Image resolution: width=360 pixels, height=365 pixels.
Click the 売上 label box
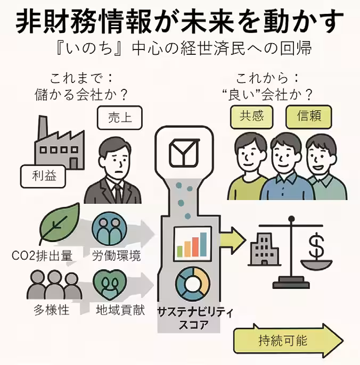pyautogui.click(x=113, y=118)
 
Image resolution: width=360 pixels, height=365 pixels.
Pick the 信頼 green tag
pyautogui.click(x=308, y=117)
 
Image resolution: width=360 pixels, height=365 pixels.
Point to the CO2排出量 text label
pyautogui.click(x=42, y=256)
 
